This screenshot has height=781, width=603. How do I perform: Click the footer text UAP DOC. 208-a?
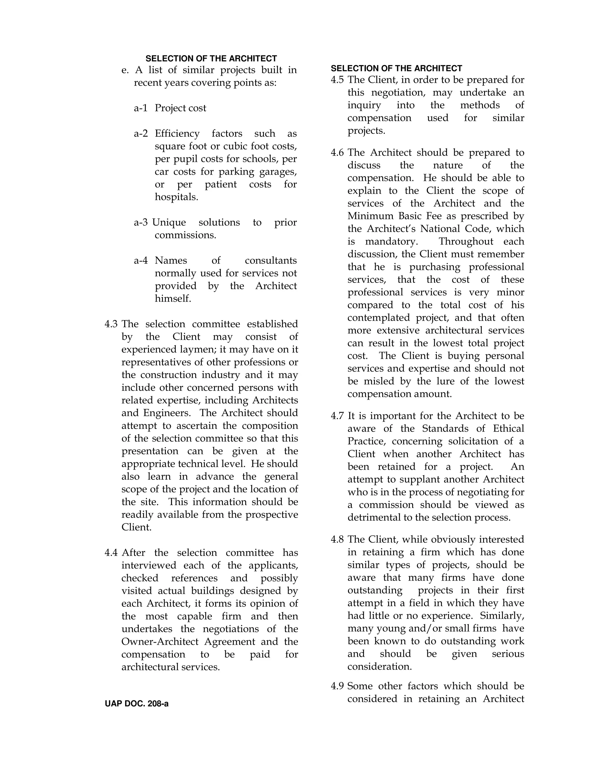click(x=136, y=704)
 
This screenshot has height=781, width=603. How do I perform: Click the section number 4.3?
click(x=111, y=324)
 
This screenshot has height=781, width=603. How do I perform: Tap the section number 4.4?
click(x=111, y=553)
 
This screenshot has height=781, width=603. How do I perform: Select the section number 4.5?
click(x=337, y=80)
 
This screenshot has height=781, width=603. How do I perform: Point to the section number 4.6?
click(x=337, y=152)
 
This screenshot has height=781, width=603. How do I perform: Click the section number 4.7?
click(x=337, y=416)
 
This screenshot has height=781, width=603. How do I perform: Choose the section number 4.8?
click(x=337, y=539)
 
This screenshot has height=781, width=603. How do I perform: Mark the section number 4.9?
click(x=337, y=686)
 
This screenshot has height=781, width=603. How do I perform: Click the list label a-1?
click(x=141, y=108)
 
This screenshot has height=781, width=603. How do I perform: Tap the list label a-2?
click(x=141, y=134)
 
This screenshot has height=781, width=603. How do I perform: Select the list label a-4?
click(x=141, y=260)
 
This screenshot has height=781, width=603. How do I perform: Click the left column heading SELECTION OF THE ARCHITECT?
click(x=211, y=59)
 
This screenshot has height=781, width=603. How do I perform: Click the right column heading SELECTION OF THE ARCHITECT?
click(x=396, y=68)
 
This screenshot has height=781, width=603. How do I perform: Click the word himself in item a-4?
click(x=173, y=299)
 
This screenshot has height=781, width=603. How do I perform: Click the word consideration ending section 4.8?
click(x=379, y=667)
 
